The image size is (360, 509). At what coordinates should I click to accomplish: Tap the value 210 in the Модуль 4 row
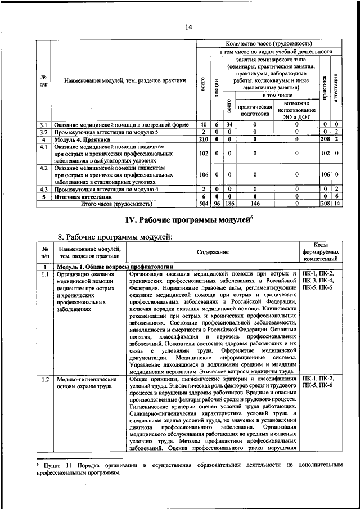tap(203, 139)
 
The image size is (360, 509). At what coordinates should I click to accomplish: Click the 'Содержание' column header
tap(213, 253)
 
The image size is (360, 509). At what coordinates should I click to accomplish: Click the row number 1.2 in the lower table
tap(45, 380)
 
